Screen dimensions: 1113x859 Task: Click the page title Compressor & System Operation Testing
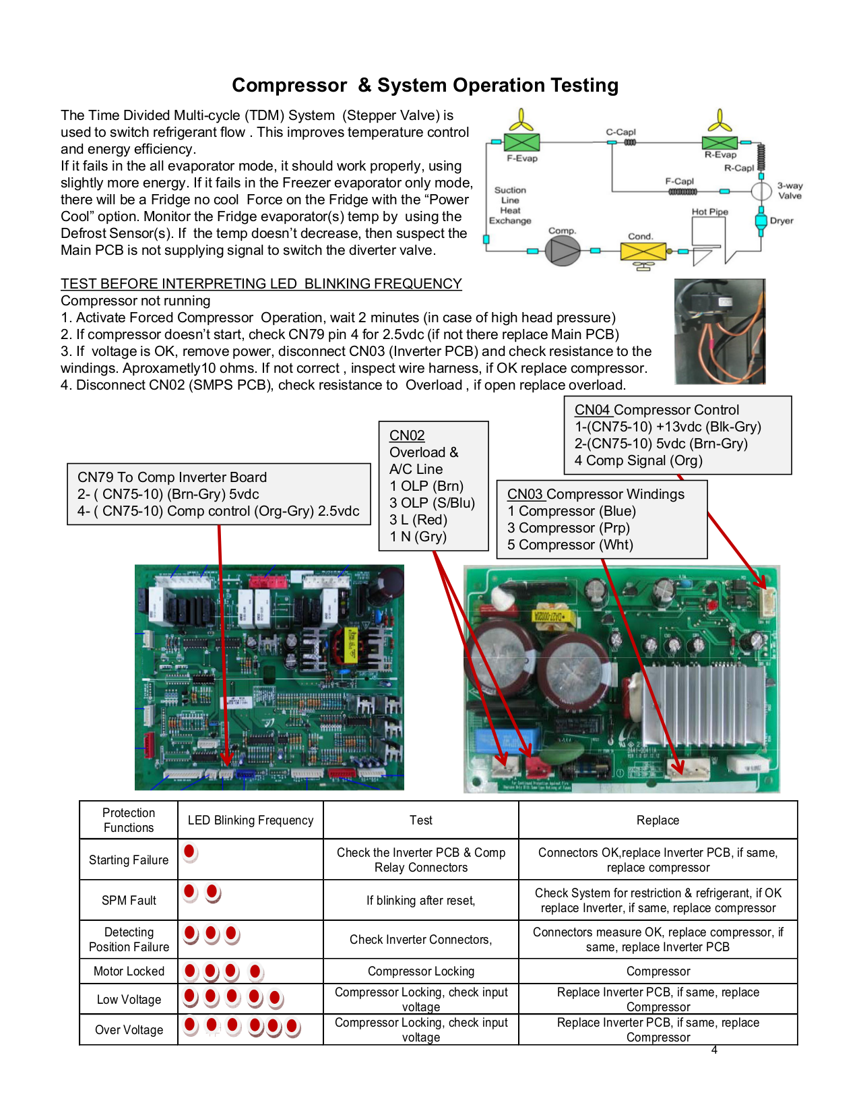click(x=425, y=86)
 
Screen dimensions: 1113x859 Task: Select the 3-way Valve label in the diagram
click(x=790, y=191)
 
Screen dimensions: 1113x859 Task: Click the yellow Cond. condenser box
click(x=643, y=251)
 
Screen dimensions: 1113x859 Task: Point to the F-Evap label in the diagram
click(x=522, y=158)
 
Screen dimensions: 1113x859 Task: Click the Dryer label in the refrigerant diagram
click(x=782, y=220)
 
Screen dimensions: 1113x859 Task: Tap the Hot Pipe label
click(x=709, y=212)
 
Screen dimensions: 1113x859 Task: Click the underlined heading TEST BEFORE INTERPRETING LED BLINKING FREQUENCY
click(x=261, y=284)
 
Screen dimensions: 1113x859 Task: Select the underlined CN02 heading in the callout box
click(x=407, y=435)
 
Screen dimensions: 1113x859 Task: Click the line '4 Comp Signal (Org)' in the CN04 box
click(x=638, y=460)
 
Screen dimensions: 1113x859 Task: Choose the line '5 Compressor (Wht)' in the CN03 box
click(x=570, y=545)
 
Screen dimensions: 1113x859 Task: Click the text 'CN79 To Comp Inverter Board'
click(x=172, y=477)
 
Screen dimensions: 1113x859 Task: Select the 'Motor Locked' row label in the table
click(x=129, y=971)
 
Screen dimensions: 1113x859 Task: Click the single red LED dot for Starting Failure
click(x=190, y=852)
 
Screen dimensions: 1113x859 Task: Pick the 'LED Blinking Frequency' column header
click(x=251, y=820)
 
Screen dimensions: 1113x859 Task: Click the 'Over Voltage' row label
click(x=129, y=1030)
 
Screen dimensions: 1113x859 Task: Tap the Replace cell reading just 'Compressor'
click(x=658, y=971)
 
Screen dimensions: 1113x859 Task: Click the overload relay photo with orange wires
click(x=720, y=331)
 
